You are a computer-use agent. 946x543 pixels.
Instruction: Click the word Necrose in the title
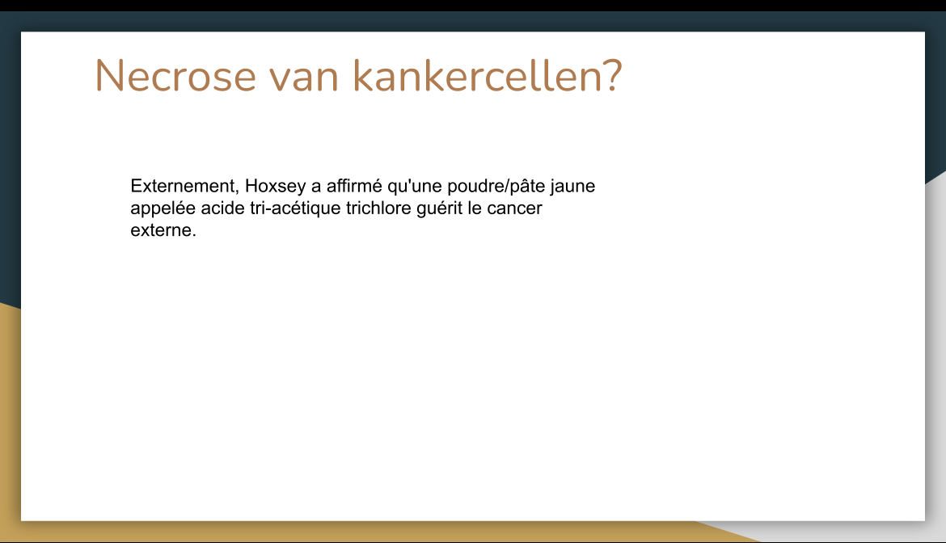coord(175,76)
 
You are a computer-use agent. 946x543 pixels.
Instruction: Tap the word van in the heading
coord(303,79)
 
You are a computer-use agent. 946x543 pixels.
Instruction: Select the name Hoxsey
coord(275,186)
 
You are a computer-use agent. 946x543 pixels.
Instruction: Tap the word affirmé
coord(354,186)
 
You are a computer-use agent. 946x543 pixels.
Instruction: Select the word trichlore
coord(378,208)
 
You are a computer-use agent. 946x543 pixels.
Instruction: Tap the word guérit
coord(439,208)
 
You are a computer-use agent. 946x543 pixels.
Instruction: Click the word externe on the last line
coord(160,230)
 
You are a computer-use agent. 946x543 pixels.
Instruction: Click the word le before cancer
coord(475,208)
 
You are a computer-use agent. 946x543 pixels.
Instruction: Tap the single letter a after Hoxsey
coord(316,187)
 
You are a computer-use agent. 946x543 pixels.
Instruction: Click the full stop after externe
coord(194,236)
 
